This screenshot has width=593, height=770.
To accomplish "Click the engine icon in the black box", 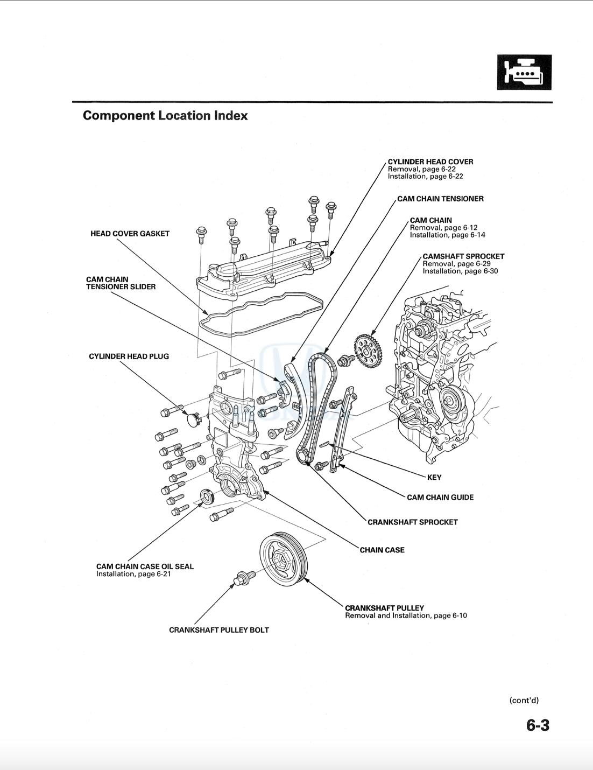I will (524, 72).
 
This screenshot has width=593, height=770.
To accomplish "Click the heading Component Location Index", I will (165, 116).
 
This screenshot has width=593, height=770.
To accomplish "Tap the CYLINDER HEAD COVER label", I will (430, 162).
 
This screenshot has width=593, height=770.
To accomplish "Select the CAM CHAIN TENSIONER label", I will (440, 199).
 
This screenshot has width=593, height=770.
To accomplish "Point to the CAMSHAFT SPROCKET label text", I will (463, 256).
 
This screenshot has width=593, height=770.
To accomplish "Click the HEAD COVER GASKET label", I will (130, 234).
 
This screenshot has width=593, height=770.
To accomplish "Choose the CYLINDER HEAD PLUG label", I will (129, 356).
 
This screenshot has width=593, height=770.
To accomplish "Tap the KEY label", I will (434, 477).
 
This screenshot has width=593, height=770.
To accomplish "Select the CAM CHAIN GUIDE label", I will (440, 498).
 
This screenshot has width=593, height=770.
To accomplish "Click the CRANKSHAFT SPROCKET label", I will (412, 522).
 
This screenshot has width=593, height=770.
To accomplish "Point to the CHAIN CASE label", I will (382, 550).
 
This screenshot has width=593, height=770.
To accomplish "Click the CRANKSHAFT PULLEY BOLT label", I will (218, 630).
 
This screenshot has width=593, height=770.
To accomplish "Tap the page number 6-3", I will (538, 725).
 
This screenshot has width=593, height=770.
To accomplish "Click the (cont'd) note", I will (524, 701).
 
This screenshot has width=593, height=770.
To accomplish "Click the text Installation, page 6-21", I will (133, 574).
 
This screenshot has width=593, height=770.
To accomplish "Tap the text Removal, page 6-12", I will (443, 228).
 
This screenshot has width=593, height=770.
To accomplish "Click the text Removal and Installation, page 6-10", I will (406, 615).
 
